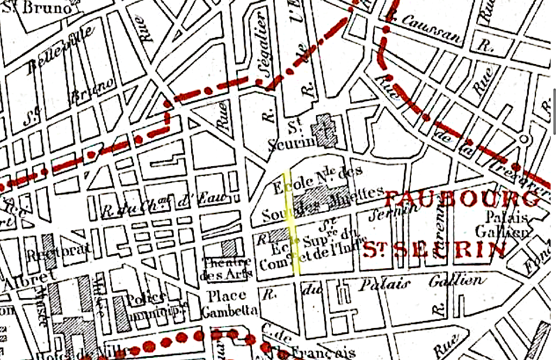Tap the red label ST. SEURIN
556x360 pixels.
pyautogui.click(x=434, y=250)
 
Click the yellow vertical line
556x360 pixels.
pyautogui.click(x=292, y=223)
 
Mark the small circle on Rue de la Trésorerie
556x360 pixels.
pyautogui.click(x=525, y=138)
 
